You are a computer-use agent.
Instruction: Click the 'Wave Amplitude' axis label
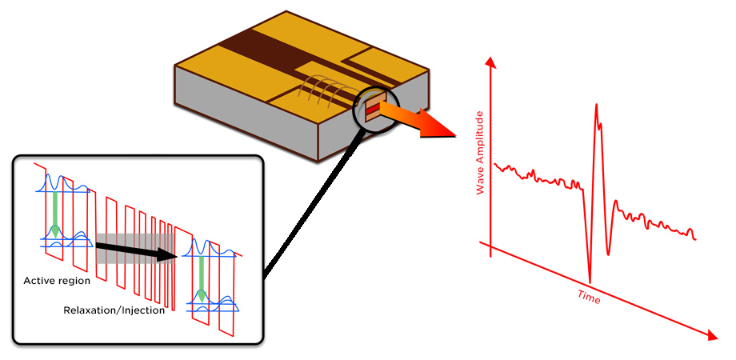(480, 153)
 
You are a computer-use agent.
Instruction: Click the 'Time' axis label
(589, 297)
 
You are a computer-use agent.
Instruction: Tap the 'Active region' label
(57, 281)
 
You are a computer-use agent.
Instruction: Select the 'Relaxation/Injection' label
(114, 310)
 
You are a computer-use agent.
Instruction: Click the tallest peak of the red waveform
(596, 105)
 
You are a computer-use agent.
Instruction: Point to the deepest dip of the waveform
(590, 281)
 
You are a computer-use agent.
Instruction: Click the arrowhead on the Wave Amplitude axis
(490, 62)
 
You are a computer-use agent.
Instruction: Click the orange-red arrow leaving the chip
(417, 120)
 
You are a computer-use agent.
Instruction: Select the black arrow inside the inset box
(136, 250)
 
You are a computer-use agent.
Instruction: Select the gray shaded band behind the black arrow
(136, 249)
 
